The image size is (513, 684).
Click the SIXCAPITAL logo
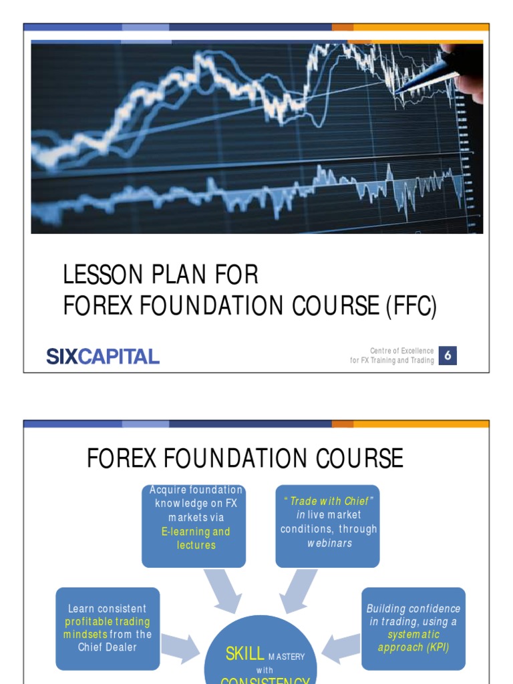103,356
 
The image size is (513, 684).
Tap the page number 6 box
448,356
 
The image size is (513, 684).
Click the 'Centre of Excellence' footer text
401,351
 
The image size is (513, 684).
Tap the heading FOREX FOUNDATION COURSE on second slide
245,459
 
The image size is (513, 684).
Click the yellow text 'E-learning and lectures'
194,538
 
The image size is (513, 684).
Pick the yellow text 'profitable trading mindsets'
108,628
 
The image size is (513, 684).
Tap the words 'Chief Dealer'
108,647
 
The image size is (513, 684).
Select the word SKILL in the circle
245,655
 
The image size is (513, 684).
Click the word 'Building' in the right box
389,609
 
